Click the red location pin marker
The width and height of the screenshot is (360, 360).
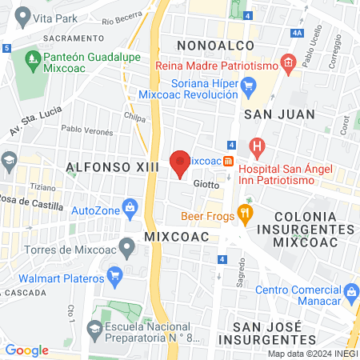coord(180,162)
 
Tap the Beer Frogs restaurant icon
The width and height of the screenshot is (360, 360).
coord(246,214)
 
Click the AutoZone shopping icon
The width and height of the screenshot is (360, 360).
coord(130,210)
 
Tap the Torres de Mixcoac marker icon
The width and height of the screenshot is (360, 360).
coord(126,245)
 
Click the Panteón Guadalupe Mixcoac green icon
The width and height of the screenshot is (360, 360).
coord(33,58)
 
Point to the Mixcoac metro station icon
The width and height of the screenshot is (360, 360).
coord(230,161)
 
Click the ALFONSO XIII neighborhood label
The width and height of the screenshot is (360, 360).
coord(112,166)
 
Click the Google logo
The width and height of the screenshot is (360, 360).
coord(26,350)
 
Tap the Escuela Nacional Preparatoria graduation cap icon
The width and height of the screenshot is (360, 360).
coord(95,327)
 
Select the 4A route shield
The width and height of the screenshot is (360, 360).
coord(297,33)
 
